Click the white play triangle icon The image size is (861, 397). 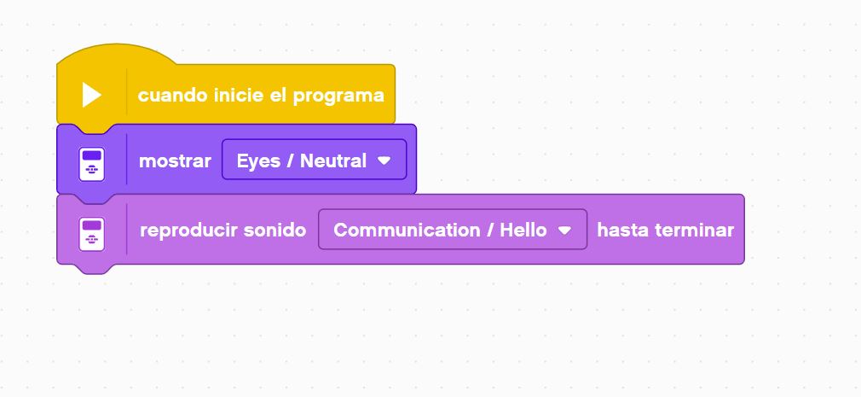[92, 95]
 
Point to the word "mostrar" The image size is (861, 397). [175, 161]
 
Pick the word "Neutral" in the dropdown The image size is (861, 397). [333, 161]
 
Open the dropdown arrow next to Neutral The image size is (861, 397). [384, 161]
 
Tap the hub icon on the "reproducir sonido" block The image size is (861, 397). [92, 235]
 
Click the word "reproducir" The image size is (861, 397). [188, 231]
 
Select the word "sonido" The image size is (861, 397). [274, 231]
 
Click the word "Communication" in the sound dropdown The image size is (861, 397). [406, 231]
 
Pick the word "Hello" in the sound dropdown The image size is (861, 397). [523, 231]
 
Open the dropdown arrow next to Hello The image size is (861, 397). [564, 231]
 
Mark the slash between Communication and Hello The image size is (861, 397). [488, 231]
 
